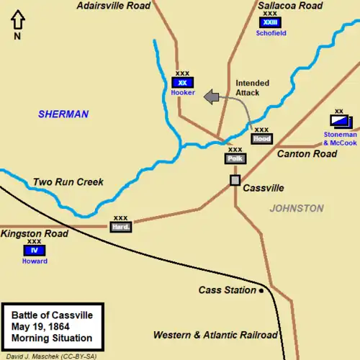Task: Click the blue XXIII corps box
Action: [x=270, y=22]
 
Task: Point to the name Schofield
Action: [x=270, y=32]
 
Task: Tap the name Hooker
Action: [x=183, y=93]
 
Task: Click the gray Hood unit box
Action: [x=261, y=138]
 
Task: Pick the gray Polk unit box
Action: [x=235, y=158]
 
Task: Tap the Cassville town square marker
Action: [x=235, y=180]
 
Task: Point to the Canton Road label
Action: [x=307, y=154]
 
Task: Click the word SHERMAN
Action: [x=64, y=114]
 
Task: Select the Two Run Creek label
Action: [x=68, y=182]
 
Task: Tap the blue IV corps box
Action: [x=34, y=251]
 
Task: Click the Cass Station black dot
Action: [x=261, y=290]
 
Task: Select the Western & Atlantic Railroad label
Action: [x=215, y=336]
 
